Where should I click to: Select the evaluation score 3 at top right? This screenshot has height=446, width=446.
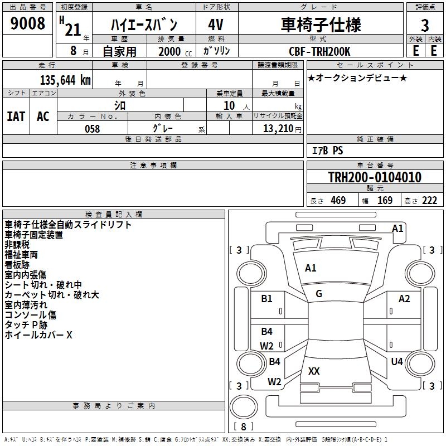(x=425, y=26)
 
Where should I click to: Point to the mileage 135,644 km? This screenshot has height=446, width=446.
(x=65, y=80)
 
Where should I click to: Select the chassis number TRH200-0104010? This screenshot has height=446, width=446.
(x=375, y=177)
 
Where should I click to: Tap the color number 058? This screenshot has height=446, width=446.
(x=92, y=129)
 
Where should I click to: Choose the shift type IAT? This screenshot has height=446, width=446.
(x=16, y=116)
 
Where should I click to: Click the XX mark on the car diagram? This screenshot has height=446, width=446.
(x=314, y=371)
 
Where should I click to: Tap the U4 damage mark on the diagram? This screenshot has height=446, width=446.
(x=396, y=361)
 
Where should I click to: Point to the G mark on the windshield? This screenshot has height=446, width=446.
(x=318, y=294)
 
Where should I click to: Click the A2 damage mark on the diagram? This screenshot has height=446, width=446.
(x=404, y=299)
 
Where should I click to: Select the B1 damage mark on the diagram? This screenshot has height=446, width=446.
(x=267, y=299)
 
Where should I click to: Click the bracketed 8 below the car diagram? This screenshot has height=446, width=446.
(x=243, y=426)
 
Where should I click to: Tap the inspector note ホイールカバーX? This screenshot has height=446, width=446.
(x=38, y=335)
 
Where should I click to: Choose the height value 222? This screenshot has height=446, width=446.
(x=429, y=201)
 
